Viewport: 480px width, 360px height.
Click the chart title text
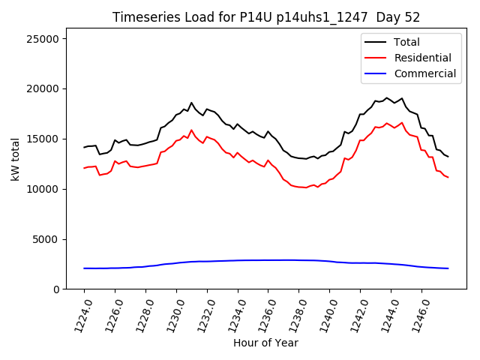tap(266, 17)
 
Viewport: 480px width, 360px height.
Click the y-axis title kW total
tap(16, 158)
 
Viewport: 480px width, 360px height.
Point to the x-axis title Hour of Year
tap(265, 343)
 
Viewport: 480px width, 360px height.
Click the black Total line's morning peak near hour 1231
tap(191, 103)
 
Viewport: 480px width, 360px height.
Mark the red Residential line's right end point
tap(448, 177)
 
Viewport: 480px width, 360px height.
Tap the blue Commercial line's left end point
tap(84, 268)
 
